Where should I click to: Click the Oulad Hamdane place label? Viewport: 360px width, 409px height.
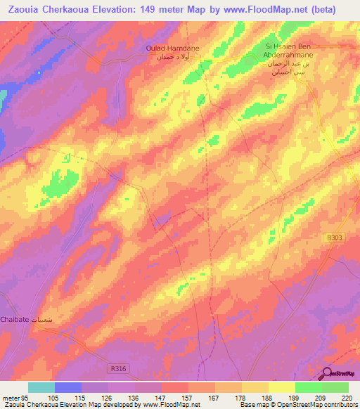click(172, 48)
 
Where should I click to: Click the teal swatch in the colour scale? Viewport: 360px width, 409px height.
click(41, 387)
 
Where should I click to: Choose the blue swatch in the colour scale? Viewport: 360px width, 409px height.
click(68, 387)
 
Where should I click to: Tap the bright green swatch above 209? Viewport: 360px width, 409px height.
click(308, 387)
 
